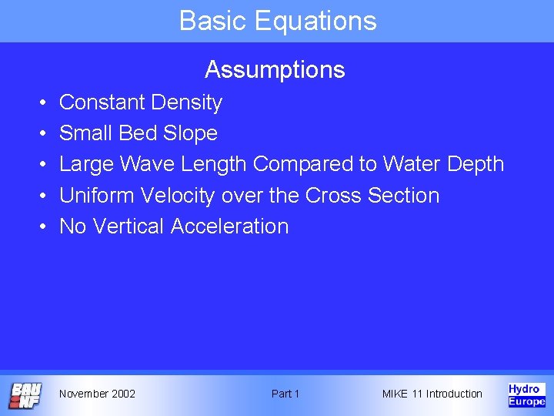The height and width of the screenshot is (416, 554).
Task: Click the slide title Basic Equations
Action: point(278,21)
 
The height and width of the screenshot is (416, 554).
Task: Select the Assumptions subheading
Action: point(275,70)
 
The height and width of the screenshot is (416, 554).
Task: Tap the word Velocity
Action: point(180,196)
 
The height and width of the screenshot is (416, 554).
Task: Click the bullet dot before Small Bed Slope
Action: point(41,134)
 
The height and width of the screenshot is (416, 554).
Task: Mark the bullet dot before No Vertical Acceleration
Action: point(41,227)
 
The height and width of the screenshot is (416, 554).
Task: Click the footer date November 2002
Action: point(97,394)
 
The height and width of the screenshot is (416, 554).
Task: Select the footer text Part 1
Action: point(285,394)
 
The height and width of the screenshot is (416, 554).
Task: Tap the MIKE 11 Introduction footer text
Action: point(432,394)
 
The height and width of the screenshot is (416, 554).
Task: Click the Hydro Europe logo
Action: point(526,394)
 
